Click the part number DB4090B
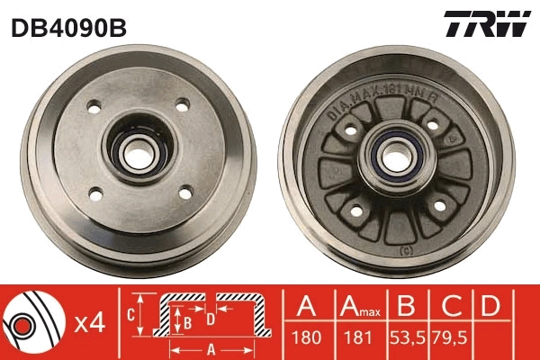68,28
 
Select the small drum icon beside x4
31,321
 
